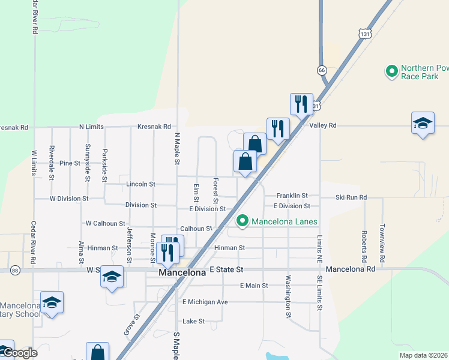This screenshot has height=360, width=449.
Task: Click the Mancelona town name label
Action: pyautogui.click(x=182, y=272)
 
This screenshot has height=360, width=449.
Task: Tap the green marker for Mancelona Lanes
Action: pyautogui.click(x=243, y=221)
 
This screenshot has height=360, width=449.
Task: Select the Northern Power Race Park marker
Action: pyautogui.click(x=392, y=72)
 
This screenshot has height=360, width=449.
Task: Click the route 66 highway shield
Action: pyautogui.click(x=322, y=70)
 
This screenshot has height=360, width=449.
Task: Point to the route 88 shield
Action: pyautogui.click(x=14, y=271)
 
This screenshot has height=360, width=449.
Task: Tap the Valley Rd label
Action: pyautogui.click(x=323, y=125)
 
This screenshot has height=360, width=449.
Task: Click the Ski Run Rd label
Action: pyautogui.click(x=351, y=197)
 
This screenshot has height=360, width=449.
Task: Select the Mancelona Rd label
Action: pyautogui.click(x=351, y=270)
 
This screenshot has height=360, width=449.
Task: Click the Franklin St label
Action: pyautogui.click(x=292, y=196)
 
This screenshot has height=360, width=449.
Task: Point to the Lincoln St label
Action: pyautogui.click(x=140, y=184)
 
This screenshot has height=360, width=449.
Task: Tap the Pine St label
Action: pyautogui.click(x=70, y=163)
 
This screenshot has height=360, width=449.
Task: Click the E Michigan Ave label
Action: pyautogui.click(x=205, y=302)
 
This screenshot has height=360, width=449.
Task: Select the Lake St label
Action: pyautogui.click(x=194, y=321)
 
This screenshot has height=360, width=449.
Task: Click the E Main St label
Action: pyautogui.click(x=253, y=286)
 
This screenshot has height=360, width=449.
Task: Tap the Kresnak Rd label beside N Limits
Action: pyautogui.click(x=154, y=127)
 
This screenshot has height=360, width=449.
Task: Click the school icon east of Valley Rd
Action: pyautogui.click(x=423, y=123)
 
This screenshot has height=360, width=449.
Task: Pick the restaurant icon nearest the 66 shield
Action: pyautogui.click(x=301, y=104)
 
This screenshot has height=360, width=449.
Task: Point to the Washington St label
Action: pyautogui.click(x=288, y=296)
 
